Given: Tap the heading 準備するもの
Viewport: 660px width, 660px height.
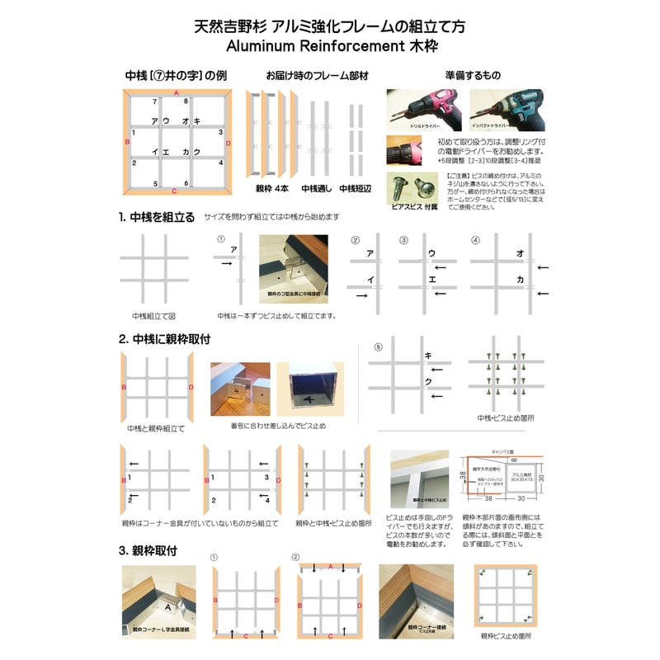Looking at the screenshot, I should click(x=472, y=76).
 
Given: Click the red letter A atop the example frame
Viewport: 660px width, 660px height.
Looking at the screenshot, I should click(x=176, y=91).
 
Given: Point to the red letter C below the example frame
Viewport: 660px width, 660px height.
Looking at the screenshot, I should click(x=174, y=191).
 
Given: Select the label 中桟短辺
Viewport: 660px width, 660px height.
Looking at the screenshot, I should click(x=356, y=189).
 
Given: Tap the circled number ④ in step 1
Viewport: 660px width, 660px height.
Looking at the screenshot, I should click(x=474, y=240).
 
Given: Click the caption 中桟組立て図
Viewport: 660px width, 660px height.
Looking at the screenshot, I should click(x=153, y=316).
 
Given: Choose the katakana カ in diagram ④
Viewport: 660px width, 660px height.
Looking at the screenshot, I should click(x=521, y=280).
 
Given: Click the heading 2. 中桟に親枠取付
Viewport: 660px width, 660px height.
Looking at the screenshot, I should click(x=164, y=339).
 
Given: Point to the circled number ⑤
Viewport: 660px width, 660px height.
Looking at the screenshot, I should click(x=379, y=347).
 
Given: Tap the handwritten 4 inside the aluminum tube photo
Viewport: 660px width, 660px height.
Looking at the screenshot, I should click(x=308, y=400).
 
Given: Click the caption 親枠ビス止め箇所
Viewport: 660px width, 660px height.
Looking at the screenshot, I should click(x=506, y=636).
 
